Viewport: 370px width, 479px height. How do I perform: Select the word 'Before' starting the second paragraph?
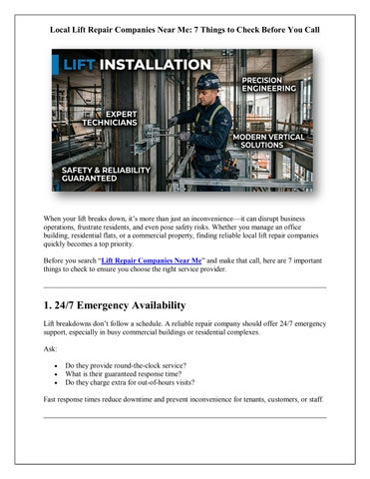click(57, 257)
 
